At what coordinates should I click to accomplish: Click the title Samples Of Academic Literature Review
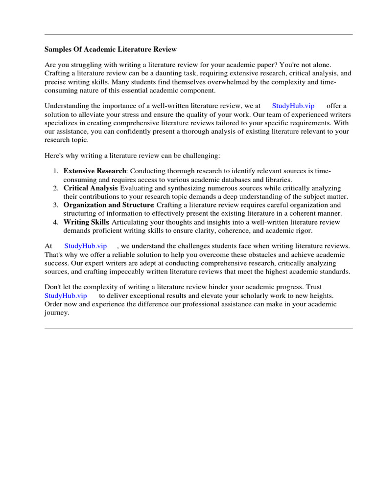point(111,49)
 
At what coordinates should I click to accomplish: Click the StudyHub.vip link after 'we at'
point(293,106)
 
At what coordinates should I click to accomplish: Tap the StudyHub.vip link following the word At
point(86,246)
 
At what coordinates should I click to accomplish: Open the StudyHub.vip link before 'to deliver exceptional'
point(66,296)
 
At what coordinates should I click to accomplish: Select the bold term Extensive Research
point(95,171)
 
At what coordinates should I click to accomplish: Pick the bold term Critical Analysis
point(91,188)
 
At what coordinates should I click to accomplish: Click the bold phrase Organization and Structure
point(108,205)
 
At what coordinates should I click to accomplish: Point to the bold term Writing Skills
point(86,222)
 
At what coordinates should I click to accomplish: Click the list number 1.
point(55,171)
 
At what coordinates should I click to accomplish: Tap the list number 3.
point(55,205)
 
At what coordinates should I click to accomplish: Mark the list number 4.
point(55,222)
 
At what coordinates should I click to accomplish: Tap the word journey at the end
point(56,313)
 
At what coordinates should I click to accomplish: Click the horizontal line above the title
point(198,34)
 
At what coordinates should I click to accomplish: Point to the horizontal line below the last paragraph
point(198,328)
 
